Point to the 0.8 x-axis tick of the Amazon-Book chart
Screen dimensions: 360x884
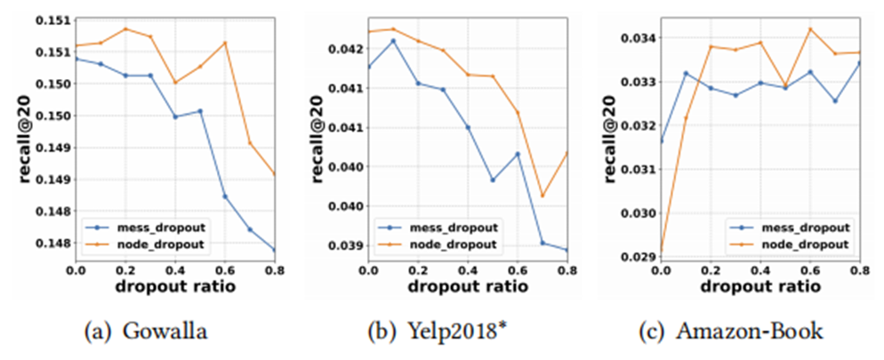click(859, 270)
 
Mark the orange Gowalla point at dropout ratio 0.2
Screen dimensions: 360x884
click(125, 28)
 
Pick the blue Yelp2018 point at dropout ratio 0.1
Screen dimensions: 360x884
click(393, 41)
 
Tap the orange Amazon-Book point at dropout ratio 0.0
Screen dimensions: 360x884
click(660, 254)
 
